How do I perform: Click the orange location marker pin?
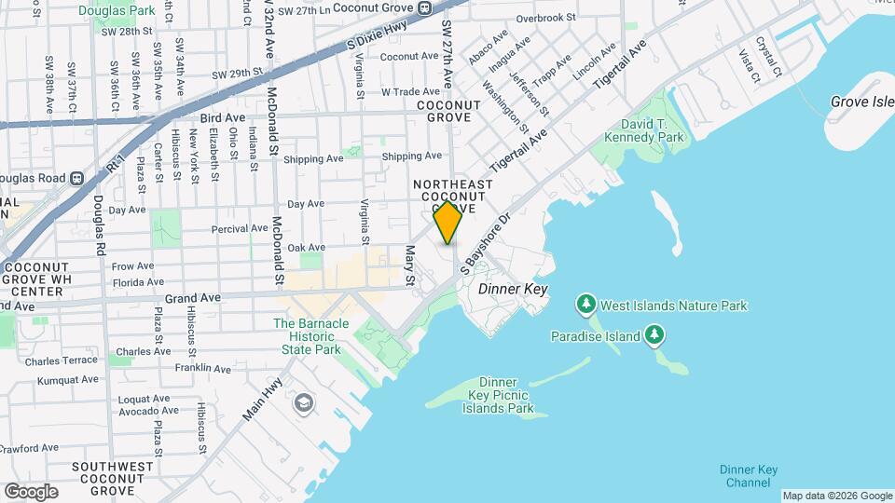[447, 223]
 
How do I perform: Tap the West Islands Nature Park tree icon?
[585, 305]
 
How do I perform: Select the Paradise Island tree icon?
[654, 335]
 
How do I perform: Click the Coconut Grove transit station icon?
[424, 8]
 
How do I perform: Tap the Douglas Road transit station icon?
[78, 177]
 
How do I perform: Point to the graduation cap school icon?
[302, 402]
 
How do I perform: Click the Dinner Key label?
[512, 290]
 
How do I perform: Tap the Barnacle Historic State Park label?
[311, 335]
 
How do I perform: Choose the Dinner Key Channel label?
[750, 476]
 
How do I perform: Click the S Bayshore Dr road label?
[488, 242]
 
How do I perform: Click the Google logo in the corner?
[31, 491]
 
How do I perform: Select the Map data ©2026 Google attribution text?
[836, 496]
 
